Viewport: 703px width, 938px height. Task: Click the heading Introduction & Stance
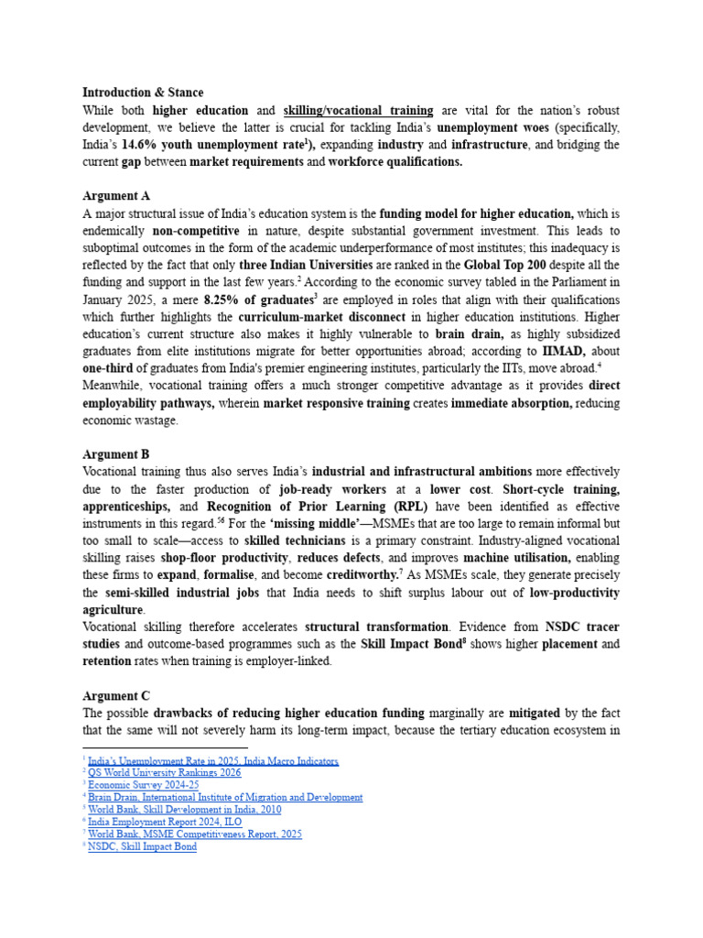pyautogui.click(x=143, y=93)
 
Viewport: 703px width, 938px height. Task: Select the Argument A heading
pyautogui.click(x=116, y=196)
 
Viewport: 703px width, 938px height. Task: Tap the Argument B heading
pyautogui.click(x=116, y=454)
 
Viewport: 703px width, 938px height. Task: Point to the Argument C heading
pyautogui.click(x=116, y=695)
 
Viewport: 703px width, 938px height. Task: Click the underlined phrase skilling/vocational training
pyautogui.click(x=359, y=110)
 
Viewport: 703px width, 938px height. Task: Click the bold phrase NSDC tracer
pyautogui.click(x=582, y=627)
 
